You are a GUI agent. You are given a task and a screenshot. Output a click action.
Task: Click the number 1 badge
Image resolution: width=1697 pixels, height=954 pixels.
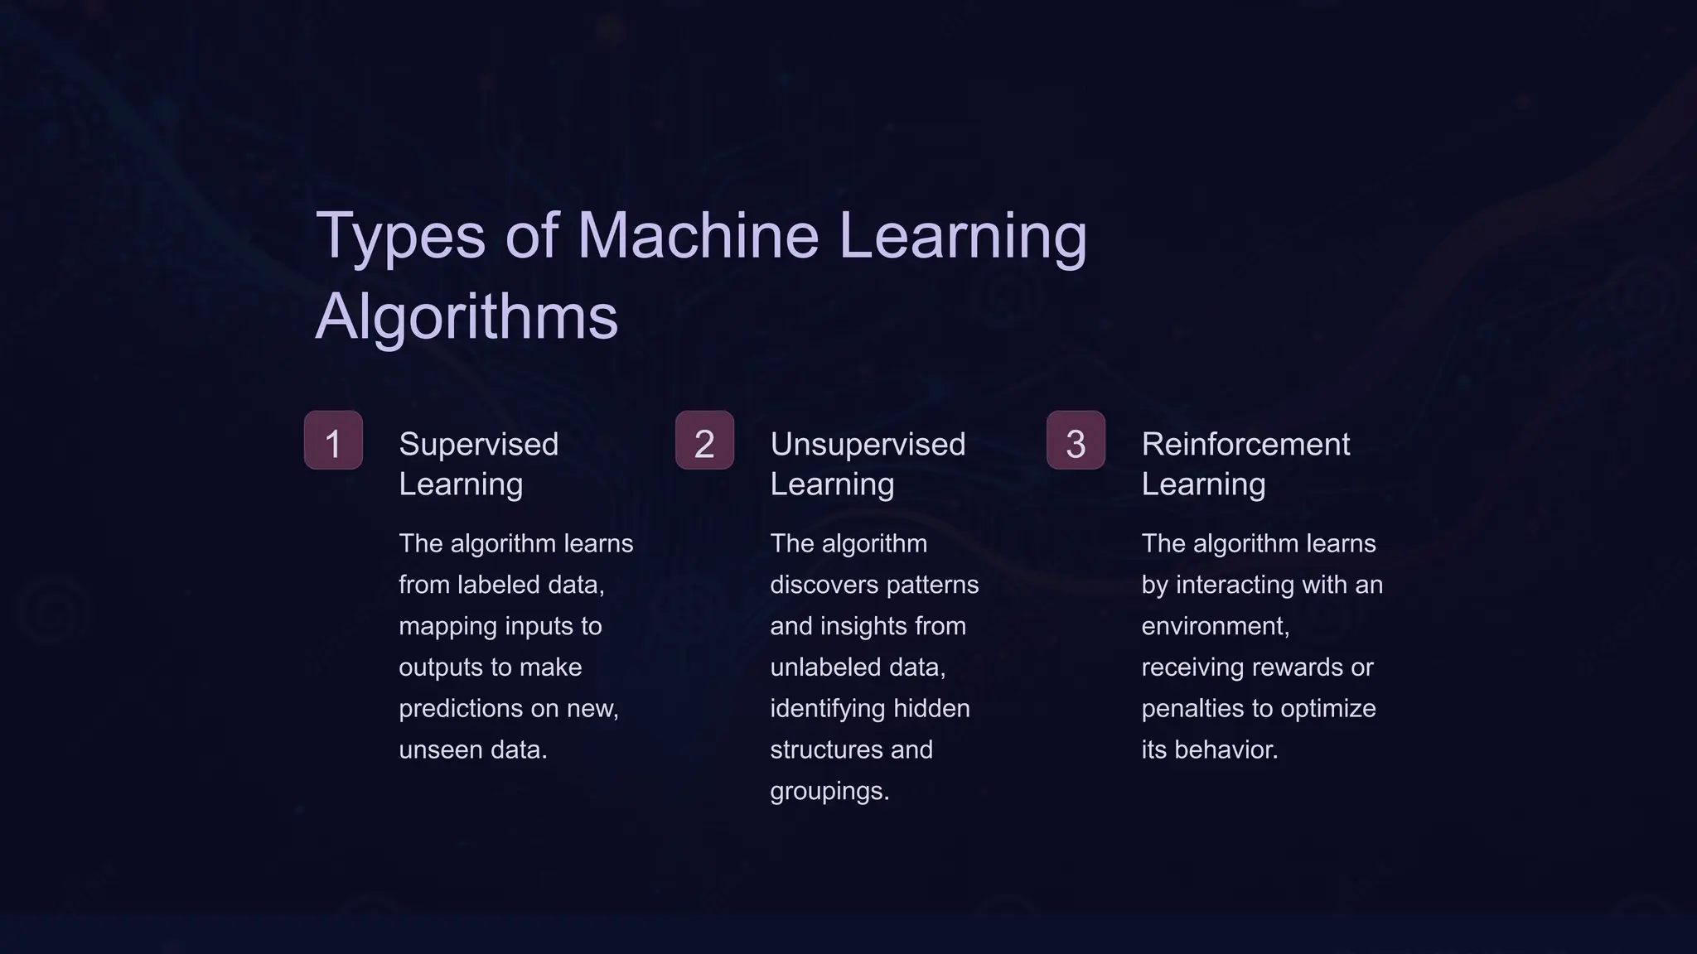pos(333,441)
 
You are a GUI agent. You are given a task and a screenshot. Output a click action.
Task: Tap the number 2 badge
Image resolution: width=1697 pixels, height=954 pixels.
pos(704,441)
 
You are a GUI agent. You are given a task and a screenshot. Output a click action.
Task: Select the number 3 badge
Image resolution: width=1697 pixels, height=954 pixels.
pos(1076,441)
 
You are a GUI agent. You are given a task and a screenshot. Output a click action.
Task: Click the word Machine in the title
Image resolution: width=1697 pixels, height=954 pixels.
pos(699,235)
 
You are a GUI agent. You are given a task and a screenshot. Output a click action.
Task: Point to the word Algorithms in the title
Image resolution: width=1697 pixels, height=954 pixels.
pos(467,316)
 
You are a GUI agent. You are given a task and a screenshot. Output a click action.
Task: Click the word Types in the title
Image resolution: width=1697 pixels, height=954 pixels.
pos(399,235)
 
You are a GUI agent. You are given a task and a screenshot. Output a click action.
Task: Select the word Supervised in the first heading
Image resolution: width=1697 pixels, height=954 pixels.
pos(478,445)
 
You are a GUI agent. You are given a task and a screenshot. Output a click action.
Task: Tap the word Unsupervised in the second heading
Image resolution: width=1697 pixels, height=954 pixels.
pos(868,445)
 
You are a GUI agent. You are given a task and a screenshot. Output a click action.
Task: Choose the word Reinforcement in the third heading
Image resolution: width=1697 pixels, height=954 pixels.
pos(1245,445)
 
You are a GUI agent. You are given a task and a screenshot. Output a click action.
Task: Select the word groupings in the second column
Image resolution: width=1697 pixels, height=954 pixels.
pos(829,792)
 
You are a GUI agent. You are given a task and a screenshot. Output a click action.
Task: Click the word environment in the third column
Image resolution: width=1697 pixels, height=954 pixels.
pos(1215,626)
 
